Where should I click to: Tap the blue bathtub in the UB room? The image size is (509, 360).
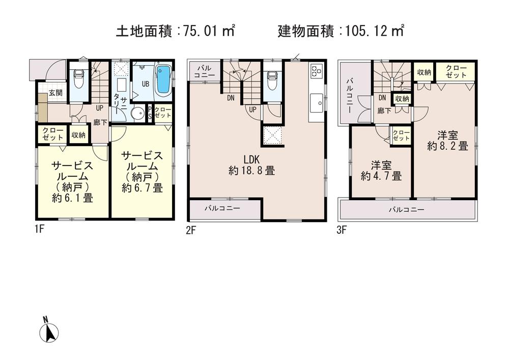click(163, 79)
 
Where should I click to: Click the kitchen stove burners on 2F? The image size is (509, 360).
click(315, 70)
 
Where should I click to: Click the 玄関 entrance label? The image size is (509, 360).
click(55, 93)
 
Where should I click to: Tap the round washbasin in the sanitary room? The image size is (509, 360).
click(137, 113)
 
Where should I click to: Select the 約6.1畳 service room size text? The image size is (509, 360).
click(72, 198)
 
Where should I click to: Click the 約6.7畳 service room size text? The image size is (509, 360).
click(142, 187)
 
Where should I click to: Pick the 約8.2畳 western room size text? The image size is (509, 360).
click(447, 146)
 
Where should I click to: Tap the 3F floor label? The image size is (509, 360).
click(341, 230)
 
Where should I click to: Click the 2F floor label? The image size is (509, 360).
click(191, 230)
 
